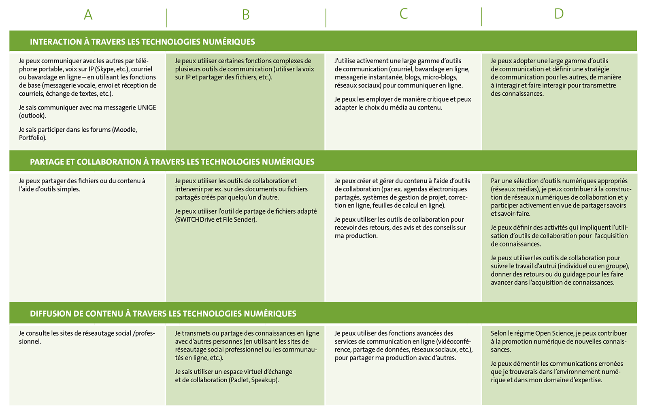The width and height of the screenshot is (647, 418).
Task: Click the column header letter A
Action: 88,15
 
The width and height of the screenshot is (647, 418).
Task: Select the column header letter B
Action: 245,15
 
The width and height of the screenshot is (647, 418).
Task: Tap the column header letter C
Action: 403,14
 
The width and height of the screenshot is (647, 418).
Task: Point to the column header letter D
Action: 559,14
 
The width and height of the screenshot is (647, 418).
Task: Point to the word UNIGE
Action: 147,107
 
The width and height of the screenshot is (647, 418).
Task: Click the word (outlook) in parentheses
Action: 32,116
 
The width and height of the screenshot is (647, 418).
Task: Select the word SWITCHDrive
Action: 196,219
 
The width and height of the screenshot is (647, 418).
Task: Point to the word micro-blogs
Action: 440,77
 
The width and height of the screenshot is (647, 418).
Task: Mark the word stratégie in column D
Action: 596,69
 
